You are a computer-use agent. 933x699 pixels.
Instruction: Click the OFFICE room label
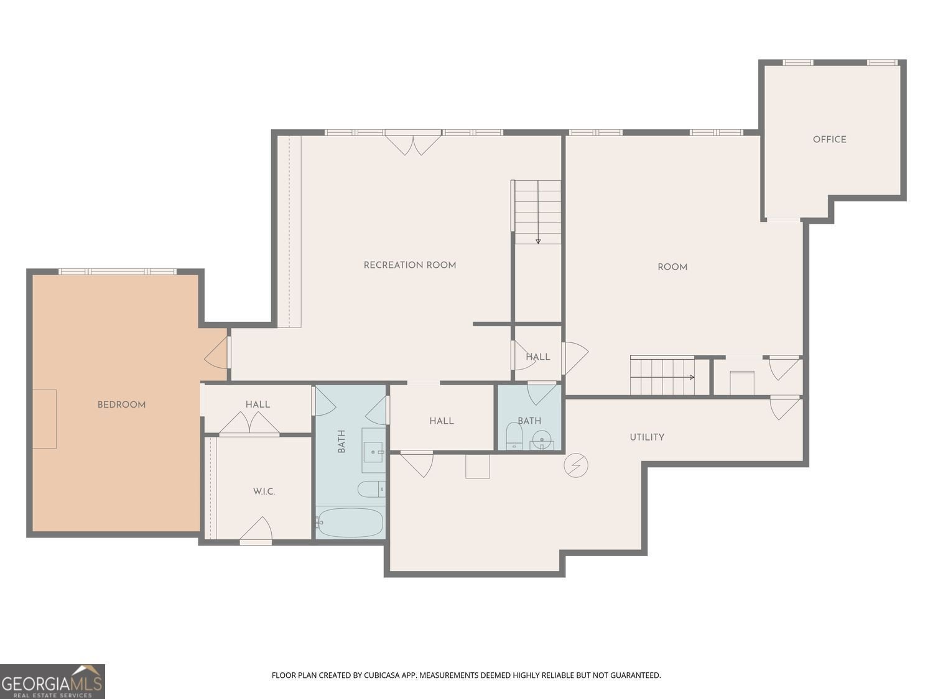point(829,139)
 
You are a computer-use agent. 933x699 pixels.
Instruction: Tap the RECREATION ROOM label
point(410,265)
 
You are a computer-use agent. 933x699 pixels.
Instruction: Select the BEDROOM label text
point(121,405)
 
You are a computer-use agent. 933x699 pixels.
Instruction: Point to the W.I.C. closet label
point(264,491)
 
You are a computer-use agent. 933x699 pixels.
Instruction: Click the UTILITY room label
point(646,437)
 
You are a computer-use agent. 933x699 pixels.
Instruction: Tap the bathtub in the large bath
point(350,523)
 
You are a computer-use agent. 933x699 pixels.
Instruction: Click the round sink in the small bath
point(542,440)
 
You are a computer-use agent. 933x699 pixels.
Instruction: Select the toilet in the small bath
point(514,436)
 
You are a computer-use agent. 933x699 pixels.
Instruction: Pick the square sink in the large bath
point(374,450)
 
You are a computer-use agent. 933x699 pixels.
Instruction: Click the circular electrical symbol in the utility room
point(575,465)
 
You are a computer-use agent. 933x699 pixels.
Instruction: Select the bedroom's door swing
point(216,353)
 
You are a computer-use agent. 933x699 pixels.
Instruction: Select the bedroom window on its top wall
point(118,272)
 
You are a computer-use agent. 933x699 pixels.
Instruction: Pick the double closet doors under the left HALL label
point(249,423)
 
